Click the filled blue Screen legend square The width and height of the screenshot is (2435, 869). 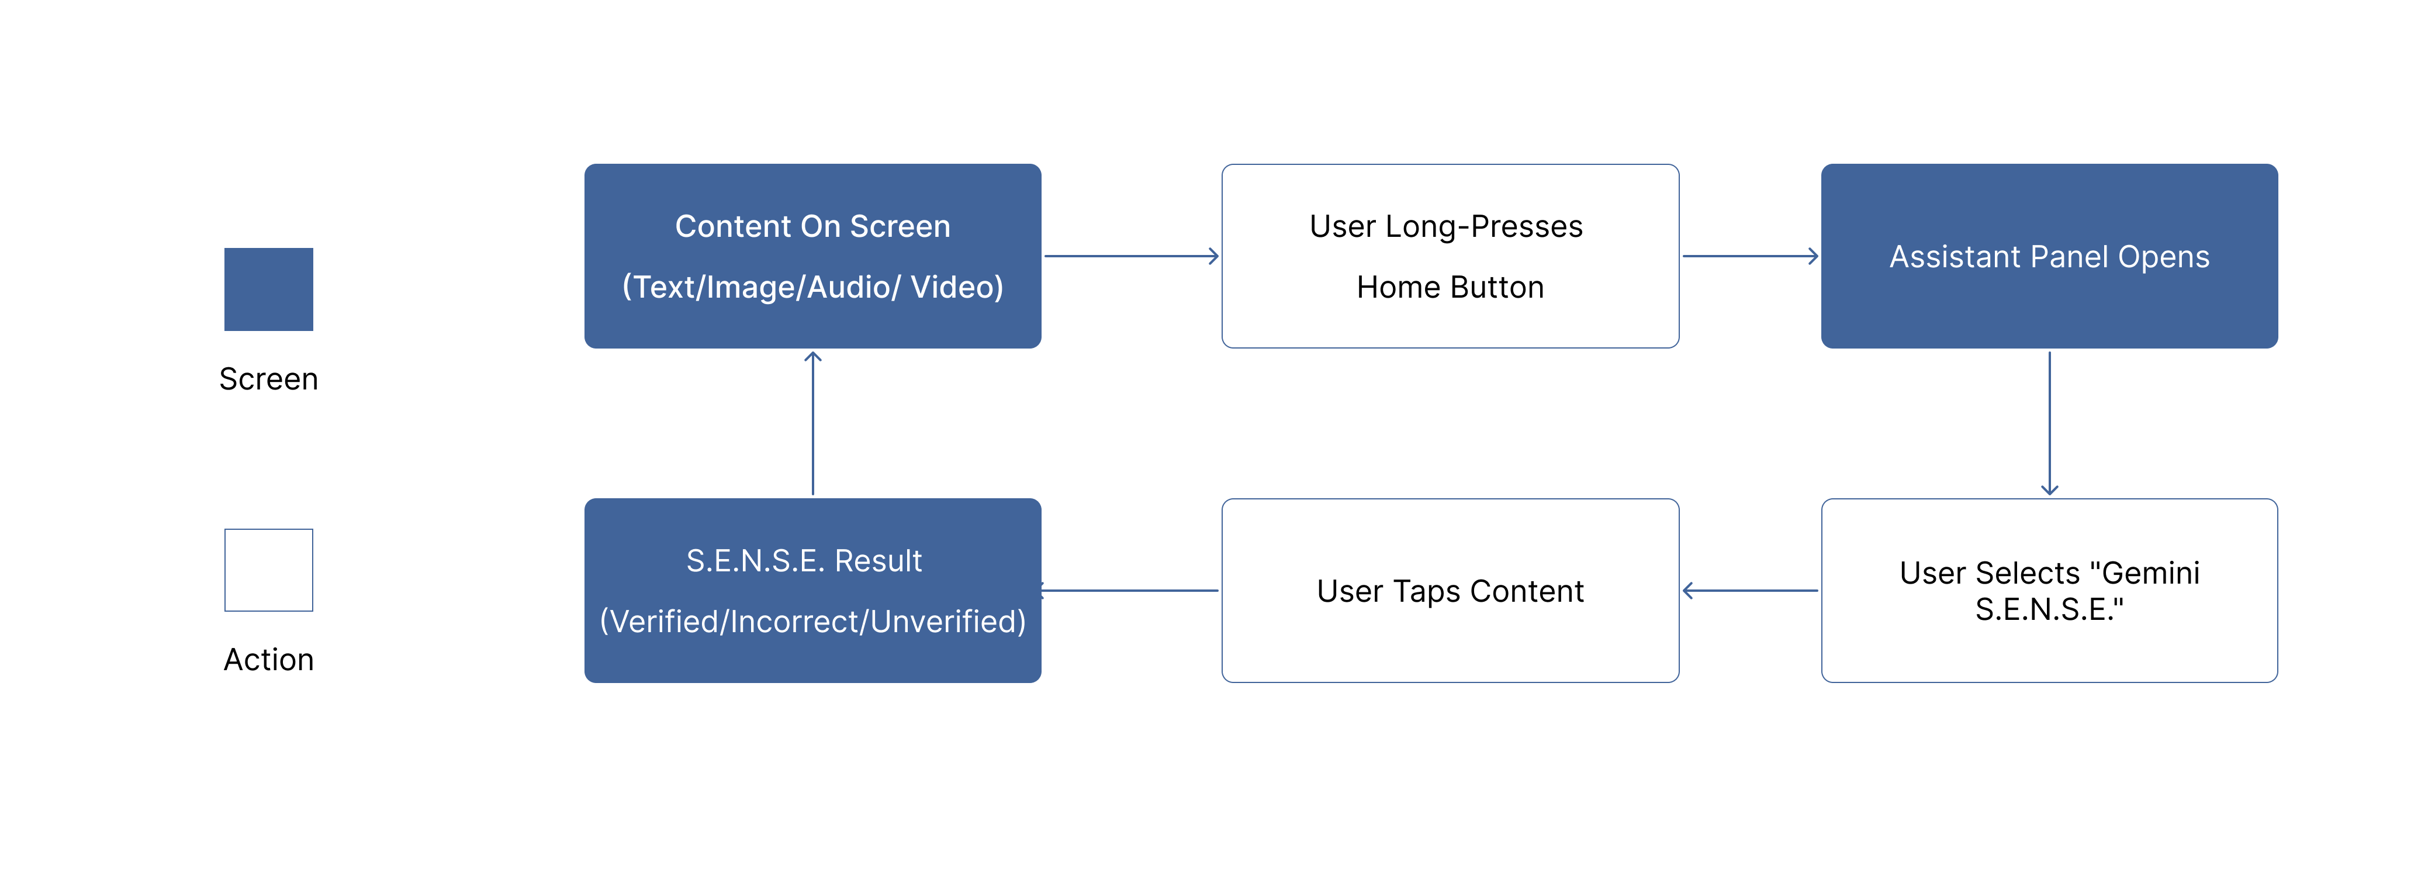tap(268, 289)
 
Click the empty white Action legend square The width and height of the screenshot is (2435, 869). tap(268, 570)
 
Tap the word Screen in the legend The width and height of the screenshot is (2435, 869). tap(268, 379)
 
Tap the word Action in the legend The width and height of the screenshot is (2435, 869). tap(268, 660)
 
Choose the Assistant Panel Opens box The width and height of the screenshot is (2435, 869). tap(2049, 256)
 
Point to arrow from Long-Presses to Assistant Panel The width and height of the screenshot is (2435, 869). tap(1750, 256)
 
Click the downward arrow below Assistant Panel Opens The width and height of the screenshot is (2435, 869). tap(2049, 423)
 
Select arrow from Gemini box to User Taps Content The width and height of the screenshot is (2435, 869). tap(1750, 591)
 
